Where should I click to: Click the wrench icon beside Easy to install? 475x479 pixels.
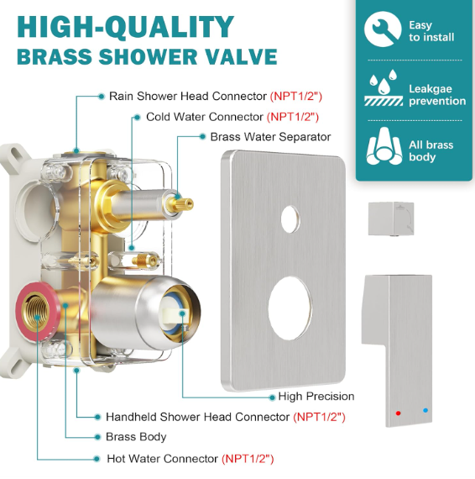(383, 29)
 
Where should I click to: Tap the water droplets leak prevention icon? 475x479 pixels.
(384, 87)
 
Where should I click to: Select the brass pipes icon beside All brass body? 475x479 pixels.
(384, 146)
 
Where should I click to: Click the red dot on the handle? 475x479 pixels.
(398, 413)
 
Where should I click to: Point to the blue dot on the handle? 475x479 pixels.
(425, 411)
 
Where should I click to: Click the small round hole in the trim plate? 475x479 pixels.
(290, 219)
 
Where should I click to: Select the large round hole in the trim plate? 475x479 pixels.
(290, 308)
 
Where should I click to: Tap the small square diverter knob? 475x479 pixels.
(391, 218)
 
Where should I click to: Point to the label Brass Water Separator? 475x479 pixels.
(270, 137)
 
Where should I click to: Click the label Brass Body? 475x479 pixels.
(136, 437)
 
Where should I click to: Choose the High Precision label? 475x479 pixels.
(316, 396)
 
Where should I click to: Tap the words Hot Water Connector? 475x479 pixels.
(162, 459)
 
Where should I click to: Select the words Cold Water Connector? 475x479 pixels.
(205, 117)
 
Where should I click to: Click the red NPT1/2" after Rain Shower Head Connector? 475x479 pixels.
(296, 97)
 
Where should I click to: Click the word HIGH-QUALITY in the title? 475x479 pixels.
(125, 27)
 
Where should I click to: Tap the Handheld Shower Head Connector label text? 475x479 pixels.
(198, 417)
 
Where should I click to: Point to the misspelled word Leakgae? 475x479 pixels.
(431, 89)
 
